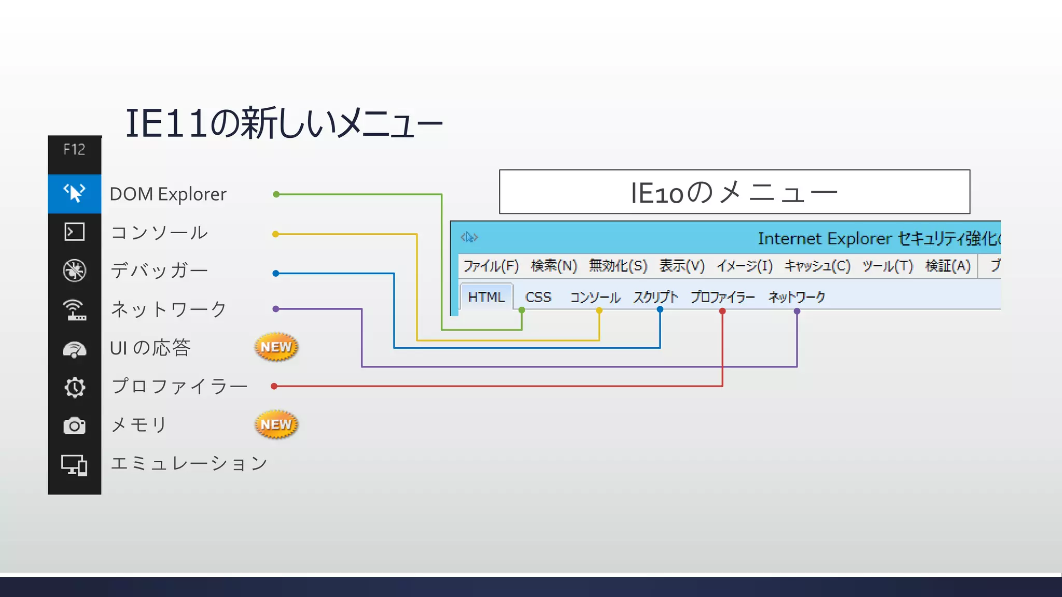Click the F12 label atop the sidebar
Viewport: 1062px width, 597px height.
pos(74,150)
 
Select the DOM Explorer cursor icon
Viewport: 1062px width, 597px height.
pos(74,193)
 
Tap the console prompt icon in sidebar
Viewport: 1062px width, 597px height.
pos(74,232)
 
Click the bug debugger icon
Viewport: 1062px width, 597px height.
pos(74,271)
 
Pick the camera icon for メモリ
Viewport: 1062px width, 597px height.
pos(74,425)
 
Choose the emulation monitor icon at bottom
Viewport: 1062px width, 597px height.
pos(74,465)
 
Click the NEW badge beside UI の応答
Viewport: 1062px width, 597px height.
pos(276,347)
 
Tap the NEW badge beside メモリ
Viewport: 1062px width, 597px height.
pos(276,424)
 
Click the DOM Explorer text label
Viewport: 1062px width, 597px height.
pos(168,194)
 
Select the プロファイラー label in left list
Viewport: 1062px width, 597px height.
pos(179,386)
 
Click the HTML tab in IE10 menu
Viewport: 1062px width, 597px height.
pos(486,297)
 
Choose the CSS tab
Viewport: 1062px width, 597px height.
pos(538,297)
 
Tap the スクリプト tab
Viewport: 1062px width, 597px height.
pos(655,297)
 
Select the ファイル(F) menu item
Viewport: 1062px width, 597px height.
pos(491,266)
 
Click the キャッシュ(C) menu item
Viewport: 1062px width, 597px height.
pos(817,266)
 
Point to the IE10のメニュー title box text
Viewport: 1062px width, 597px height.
pos(734,192)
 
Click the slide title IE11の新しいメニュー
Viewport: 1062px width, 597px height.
pos(284,123)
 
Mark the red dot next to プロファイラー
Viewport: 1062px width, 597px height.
pos(274,386)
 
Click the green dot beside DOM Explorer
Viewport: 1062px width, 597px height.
pos(276,194)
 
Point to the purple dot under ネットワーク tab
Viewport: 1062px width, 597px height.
pos(797,311)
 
